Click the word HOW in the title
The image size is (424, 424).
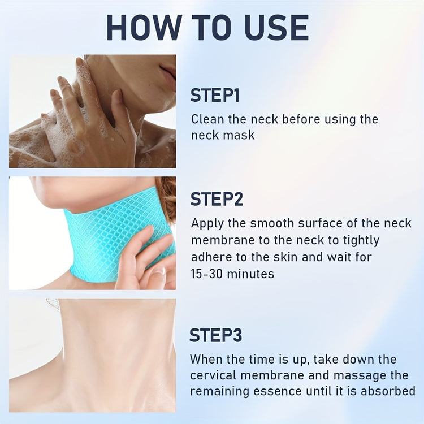144,28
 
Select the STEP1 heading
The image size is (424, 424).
215,95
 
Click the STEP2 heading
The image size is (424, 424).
217,199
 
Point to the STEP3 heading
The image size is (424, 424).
215,335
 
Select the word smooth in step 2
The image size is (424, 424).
272,223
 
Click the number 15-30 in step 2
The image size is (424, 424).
206,274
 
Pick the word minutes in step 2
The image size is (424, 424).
250,274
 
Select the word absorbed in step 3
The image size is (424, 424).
388,391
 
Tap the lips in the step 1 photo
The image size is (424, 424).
168,71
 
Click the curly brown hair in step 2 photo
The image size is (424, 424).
166,200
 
